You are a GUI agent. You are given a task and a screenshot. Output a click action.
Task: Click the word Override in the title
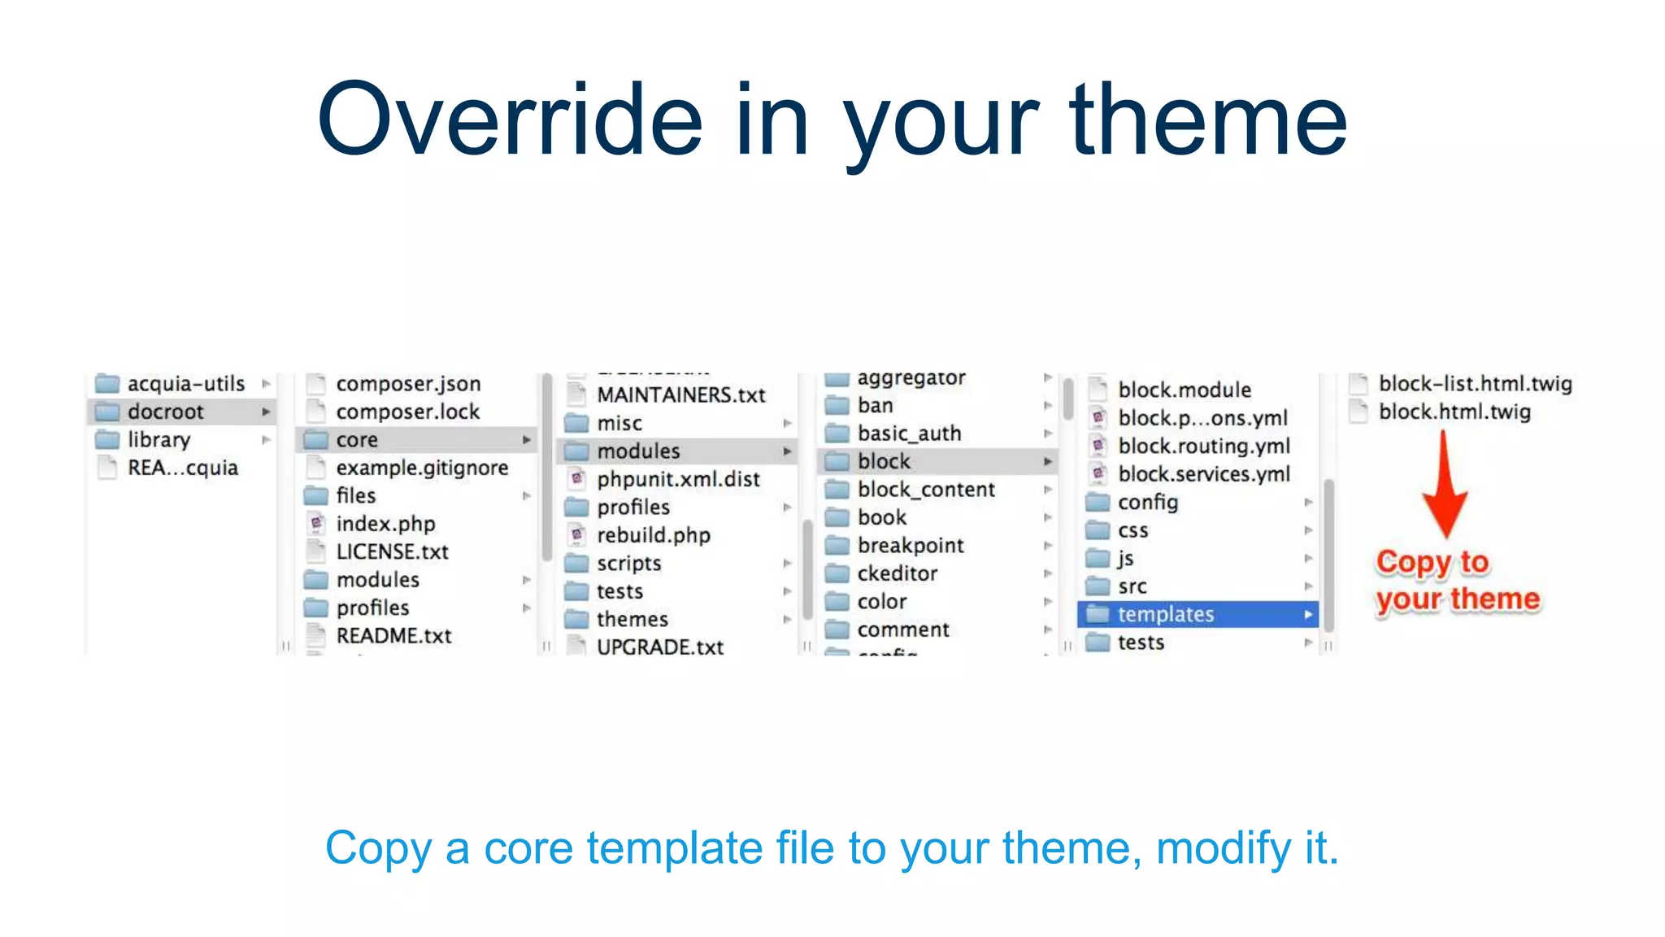[510, 120]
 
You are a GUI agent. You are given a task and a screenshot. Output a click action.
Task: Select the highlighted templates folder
[1165, 614]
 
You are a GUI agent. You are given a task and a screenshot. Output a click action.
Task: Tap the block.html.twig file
[1454, 412]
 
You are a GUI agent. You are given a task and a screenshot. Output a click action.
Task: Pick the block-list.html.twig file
[1474, 384]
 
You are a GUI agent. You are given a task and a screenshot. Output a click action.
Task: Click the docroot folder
[165, 412]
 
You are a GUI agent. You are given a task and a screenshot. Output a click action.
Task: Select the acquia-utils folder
[185, 384]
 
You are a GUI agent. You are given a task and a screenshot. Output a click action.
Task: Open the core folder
[357, 440]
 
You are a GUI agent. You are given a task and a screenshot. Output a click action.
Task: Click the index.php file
[385, 524]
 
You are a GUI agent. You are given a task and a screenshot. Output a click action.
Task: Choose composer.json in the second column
[408, 384]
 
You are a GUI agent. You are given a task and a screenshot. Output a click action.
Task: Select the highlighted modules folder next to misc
[638, 451]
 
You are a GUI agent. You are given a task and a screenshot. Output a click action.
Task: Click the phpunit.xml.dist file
[678, 479]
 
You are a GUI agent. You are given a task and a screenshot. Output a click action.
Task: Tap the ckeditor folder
[897, 573]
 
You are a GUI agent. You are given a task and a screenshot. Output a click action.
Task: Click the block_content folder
[925, 490]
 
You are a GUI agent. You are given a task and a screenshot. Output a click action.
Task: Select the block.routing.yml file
[1203, 446]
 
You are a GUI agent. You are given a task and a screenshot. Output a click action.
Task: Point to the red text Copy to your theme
[1456, 581]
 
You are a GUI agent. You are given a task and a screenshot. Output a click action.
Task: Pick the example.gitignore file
[421, 468]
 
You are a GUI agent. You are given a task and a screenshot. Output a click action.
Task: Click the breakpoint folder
[910, 546]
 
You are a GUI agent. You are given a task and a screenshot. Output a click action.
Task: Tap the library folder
[159, 440]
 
